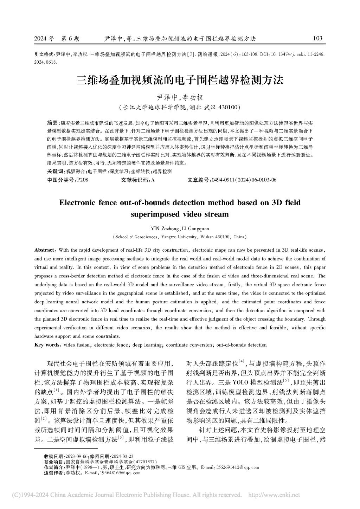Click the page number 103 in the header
pyautogui.click(x=317, y=38)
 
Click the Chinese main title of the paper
pyautogui.click(x=180, y=80)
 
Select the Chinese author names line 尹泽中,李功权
pyautogui.click(x=180, y=98)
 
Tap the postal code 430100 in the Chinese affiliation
pyautogui.click(x=229, y=107)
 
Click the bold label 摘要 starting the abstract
pyautogui.click(x=53, y=123)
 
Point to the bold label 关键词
pyautogui.click(x=56, y=171)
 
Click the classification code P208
pyautogui.click(x=82, y=180)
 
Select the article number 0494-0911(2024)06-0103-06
pyautogui.click(x=243, y=180)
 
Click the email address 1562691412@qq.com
pyautogui.click(x=239, y=468)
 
